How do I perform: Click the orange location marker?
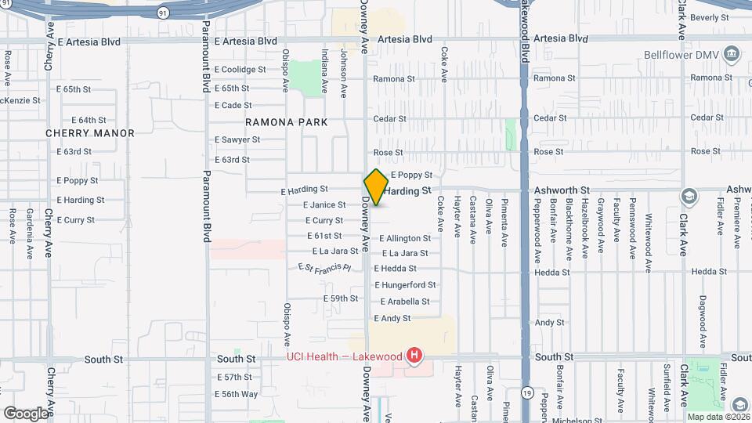376,187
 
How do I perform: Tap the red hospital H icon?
414,357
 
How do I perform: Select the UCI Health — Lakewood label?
343,356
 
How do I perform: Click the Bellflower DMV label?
681,55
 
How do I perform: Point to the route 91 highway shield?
162,13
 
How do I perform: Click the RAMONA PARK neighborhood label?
286,122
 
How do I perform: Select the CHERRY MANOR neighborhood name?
90,133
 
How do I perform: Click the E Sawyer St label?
237,139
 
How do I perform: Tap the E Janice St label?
324,205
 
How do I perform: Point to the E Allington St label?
405,238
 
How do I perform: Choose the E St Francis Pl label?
324,268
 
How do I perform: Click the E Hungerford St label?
405,285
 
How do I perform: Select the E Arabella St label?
405,302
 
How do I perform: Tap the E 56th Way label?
237,394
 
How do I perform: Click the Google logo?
25,413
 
